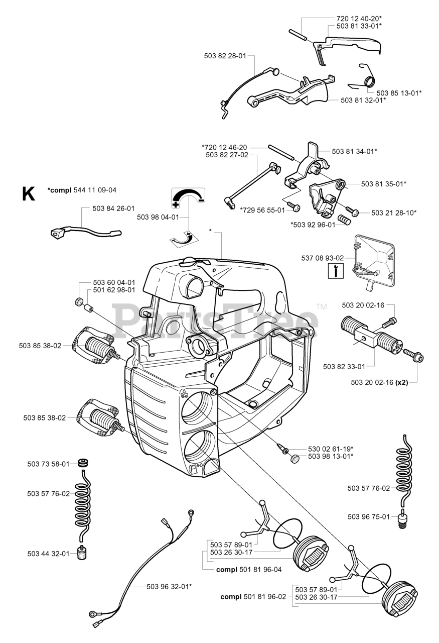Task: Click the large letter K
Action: pyautogui.click(x=28, y=193)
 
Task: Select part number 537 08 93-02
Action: pyautogui.click(x=322, y=258)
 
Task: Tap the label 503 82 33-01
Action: pyautogui.click(x=344, y=367)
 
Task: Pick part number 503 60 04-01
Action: pyautogui.click(x=114, y=283)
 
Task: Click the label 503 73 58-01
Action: pyautogui.click(x=48, y=464)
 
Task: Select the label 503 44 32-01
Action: pyautogui.click(x=48, y=554)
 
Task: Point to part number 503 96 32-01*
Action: pyautogui.click(x=169, y=586)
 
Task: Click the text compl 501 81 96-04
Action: pyautogui.click(x=248, y=570)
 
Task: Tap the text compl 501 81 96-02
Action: pyautogui.click(x=253, y=597)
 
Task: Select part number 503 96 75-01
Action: pyautogui.click(x=369, y=516)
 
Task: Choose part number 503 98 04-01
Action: pyautogui.click(x=158, y=217)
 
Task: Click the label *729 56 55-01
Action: pyautogui.click(x=262, y=209)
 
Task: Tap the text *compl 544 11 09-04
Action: pyautogui.click(x=82, y=190)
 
